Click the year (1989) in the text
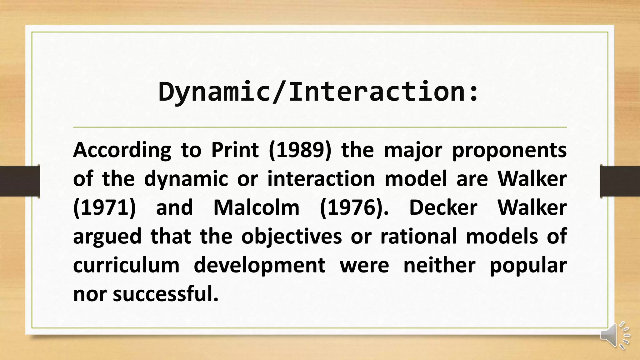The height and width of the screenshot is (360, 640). tap(299, 150)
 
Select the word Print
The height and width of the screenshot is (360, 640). tap(235, 150)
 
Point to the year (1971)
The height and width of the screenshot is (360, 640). tap(104, 208)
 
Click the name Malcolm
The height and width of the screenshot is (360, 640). tap(256, 208)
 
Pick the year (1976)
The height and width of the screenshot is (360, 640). tap(354, 208)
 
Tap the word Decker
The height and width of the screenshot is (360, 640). tap(443, 208)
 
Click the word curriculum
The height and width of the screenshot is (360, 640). tap(126, 265)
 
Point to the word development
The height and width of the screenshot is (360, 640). tap(259, 265)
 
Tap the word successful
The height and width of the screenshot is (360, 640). tap(165, 294)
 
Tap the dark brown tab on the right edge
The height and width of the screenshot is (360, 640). tap(620, 181)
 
